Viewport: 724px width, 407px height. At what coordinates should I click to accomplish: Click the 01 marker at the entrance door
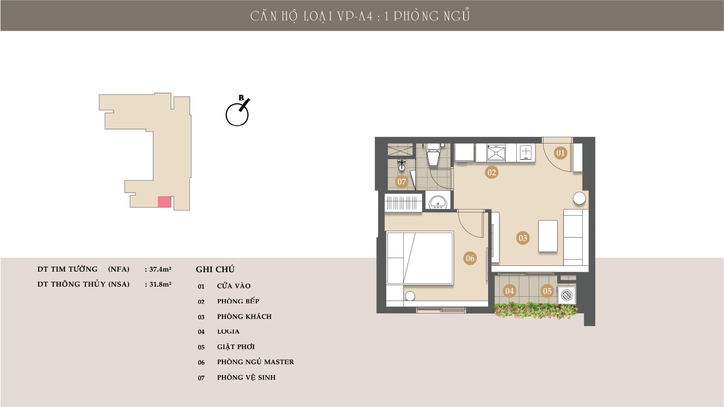click(x=560, y=153)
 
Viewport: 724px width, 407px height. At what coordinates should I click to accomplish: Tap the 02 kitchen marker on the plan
click(x=492, y=172)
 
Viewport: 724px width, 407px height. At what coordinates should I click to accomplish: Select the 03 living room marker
click(x=523, y=238)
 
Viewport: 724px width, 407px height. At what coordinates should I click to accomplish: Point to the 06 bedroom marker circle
click(x=470, y=258)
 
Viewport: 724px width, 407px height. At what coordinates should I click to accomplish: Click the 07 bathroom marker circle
click(x=402, y=182)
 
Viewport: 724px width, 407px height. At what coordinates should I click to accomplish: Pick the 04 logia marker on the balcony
click(x=509, y=291)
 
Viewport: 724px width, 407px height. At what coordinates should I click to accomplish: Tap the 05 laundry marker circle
click(x=547, y=291)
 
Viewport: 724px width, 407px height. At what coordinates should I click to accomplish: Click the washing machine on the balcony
click(x=567, y=295)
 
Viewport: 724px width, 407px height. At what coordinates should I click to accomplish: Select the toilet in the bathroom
click(x=433, y=155)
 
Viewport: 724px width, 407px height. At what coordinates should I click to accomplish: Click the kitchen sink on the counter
click(x=496, y=153)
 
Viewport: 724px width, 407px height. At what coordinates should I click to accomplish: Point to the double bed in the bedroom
click(x=420, y=258)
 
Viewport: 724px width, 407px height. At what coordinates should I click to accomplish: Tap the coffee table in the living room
click(x=548, y=236)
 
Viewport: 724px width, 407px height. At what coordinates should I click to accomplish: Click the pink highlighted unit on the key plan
click(x=164, y=201)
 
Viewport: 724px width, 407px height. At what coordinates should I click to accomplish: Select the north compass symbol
click(x=238, y=111)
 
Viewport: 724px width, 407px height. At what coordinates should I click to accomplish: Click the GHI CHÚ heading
click(x=215, y=269)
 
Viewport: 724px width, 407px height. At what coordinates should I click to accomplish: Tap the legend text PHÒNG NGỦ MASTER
click(x=255, y=362)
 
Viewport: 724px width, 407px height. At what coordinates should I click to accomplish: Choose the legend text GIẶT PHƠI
click(x=236, y=347)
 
